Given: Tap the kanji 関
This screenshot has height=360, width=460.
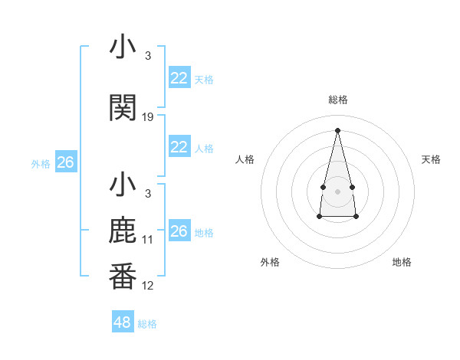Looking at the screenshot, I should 123,108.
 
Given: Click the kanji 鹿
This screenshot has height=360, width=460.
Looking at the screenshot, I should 123,231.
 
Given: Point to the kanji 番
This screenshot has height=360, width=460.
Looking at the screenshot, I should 123,277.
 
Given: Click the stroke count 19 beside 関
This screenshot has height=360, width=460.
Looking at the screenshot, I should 148,117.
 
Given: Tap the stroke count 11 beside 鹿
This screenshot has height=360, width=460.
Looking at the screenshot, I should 148,240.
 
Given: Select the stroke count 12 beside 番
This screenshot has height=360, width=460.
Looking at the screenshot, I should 148,286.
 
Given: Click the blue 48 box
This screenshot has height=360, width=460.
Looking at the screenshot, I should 123,322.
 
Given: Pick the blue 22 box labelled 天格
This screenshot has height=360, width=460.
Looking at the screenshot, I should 179,78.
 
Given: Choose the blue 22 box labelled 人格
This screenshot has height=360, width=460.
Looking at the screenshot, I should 179,147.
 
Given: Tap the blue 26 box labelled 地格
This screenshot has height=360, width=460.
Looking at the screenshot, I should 179,231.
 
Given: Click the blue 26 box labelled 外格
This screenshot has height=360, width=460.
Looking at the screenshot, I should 65,162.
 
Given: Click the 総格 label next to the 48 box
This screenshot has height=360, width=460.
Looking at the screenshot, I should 147,324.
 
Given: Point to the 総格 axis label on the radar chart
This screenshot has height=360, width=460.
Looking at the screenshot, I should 338,100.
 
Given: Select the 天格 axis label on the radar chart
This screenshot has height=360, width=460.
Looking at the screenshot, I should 432,159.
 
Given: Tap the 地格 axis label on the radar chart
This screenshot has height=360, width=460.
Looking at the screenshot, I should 402,262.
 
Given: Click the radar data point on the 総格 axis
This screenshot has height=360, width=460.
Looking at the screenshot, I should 338,130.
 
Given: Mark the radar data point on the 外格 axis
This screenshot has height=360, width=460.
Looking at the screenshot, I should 320,217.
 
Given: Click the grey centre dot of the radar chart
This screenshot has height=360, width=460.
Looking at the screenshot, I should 338,191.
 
